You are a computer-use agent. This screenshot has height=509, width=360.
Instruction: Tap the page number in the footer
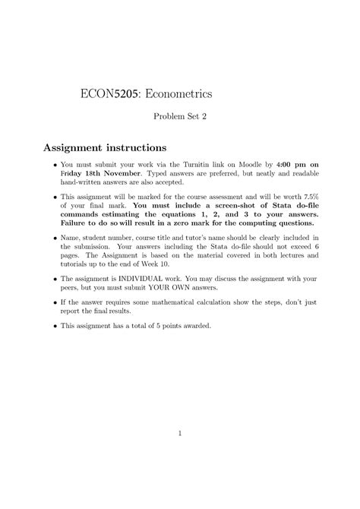(x=180, y=434)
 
